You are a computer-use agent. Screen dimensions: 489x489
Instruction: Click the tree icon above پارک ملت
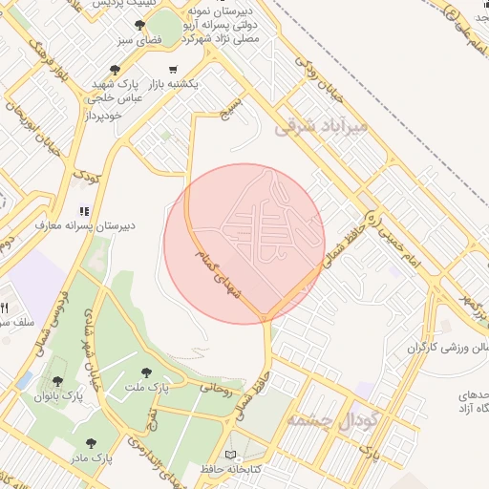click(146, 372)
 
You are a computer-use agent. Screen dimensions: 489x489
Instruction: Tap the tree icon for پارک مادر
click(91, 443)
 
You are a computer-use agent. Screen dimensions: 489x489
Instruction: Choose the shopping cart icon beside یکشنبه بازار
click(173, 69)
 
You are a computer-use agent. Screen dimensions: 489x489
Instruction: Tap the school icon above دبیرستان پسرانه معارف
click(84, 211)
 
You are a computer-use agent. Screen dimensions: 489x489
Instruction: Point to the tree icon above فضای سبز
click(140, 26)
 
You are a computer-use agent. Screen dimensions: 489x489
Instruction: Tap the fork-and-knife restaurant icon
click(6, 308)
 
